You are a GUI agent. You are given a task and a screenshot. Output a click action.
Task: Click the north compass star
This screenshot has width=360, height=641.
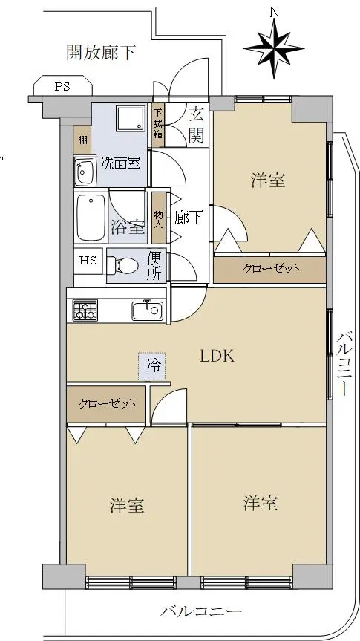(274, 48)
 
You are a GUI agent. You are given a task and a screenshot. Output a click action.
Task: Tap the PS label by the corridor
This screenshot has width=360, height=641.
(62, 87)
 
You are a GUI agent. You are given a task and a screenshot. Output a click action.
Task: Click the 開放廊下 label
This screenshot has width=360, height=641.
(101, 53)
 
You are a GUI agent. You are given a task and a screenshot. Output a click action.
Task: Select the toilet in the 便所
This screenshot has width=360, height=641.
(122, 266)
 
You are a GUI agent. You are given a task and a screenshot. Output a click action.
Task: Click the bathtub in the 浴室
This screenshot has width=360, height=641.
(91, 217)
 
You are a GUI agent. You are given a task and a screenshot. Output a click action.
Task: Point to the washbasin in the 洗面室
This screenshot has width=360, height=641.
(85, 172)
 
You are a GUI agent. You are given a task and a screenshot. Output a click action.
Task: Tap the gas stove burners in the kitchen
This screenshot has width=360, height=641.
(85, 310)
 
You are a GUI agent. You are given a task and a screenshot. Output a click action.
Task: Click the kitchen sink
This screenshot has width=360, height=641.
(147, 311)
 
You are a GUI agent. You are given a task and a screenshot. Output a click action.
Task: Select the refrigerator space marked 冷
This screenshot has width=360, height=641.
(151, 366)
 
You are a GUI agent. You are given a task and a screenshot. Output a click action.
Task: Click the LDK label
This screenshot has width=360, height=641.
(217, 357)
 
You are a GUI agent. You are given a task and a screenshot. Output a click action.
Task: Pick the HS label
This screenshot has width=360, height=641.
(88, 261)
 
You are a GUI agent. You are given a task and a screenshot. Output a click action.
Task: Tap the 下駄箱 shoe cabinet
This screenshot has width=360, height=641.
(158, 124)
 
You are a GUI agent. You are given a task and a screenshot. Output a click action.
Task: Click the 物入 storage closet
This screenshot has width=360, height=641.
(159, 218)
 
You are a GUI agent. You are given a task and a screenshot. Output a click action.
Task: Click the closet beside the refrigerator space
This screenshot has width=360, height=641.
(106, 404)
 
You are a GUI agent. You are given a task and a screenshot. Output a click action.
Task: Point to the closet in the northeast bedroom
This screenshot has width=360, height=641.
(269, 270)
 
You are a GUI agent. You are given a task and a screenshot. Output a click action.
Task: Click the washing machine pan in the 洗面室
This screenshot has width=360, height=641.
(131, 119)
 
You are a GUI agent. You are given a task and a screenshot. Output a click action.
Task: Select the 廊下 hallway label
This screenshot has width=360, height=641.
(189, 218)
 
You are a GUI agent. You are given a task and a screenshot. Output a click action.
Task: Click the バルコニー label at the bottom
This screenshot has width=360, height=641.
(200, 611)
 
